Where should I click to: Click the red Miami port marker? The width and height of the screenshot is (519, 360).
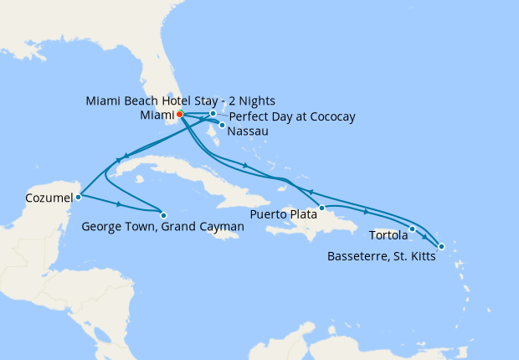pyautogui.click(x=180, y=115)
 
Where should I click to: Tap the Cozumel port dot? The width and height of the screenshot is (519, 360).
pyautogui.click(x=78, y=198)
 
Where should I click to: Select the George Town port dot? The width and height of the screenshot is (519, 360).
pyautogui.click(x=163, y=214)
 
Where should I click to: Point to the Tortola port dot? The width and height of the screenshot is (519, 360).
pyautogui.click(x=413, y=229)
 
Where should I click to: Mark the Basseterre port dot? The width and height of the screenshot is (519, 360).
pyautogui.click(x=441, y=246)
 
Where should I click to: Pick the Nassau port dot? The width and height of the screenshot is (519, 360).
pyautogui.click(x=222, y=126)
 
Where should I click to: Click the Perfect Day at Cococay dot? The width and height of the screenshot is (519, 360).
pyautogui.click(x=213, y=113)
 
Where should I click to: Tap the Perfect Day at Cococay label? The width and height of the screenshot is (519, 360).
pyautogui.click(x=291, y=116)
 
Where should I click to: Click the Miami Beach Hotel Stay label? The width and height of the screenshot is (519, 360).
pyautogui.click(x=181, y=100)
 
